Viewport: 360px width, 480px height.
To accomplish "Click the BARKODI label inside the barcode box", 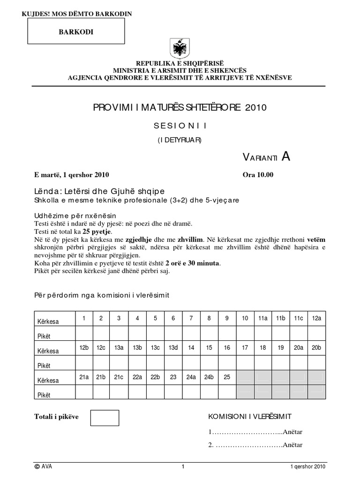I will click(74, 31).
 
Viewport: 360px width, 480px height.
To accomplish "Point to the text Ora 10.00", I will click(257, 175).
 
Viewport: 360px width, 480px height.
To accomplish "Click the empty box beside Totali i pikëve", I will click(105, 418).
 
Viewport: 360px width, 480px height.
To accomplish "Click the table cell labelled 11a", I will click(262, 318).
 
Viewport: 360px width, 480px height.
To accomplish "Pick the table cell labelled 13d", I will click(173, 348).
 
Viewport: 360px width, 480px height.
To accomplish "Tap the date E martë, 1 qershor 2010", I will click(72, 175).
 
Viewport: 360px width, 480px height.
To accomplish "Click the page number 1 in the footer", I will click(183, 466).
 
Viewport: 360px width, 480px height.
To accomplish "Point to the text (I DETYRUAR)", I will click(180, 140).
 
